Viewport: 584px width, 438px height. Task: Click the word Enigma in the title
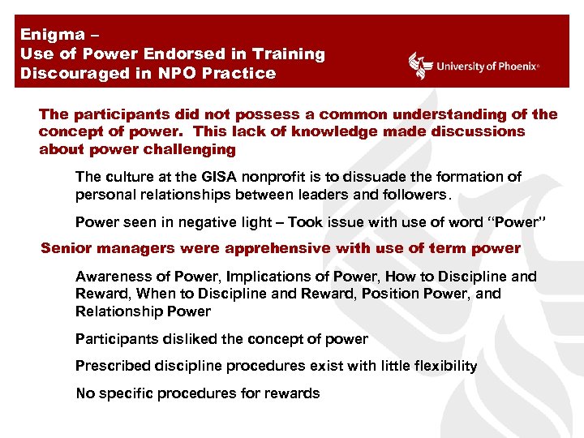(x=52, y=34)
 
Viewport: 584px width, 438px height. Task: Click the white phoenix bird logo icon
(x=420, y=66)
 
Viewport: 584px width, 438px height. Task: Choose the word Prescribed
(x=109, y=366)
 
